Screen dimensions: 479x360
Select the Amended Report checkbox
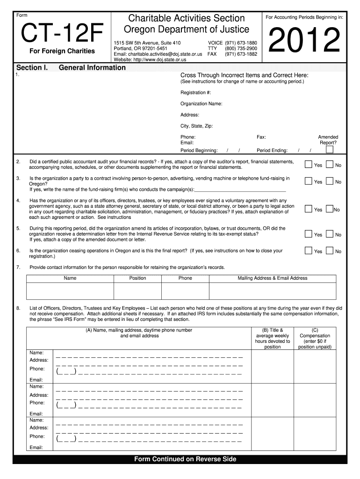330,150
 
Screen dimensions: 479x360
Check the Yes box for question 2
308,164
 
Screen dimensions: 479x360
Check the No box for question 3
330,181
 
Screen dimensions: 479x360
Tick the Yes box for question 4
308,209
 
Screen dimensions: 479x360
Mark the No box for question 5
330,234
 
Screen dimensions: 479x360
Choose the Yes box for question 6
308,251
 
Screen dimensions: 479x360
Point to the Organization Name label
201,104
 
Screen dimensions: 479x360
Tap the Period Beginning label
199,151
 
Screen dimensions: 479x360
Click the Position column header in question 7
137,278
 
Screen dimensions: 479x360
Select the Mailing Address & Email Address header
273,278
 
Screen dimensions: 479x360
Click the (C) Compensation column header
315,338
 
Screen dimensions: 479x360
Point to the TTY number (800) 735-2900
241,49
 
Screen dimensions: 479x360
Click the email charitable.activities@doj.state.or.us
158,54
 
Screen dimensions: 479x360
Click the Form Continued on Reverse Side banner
185,459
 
